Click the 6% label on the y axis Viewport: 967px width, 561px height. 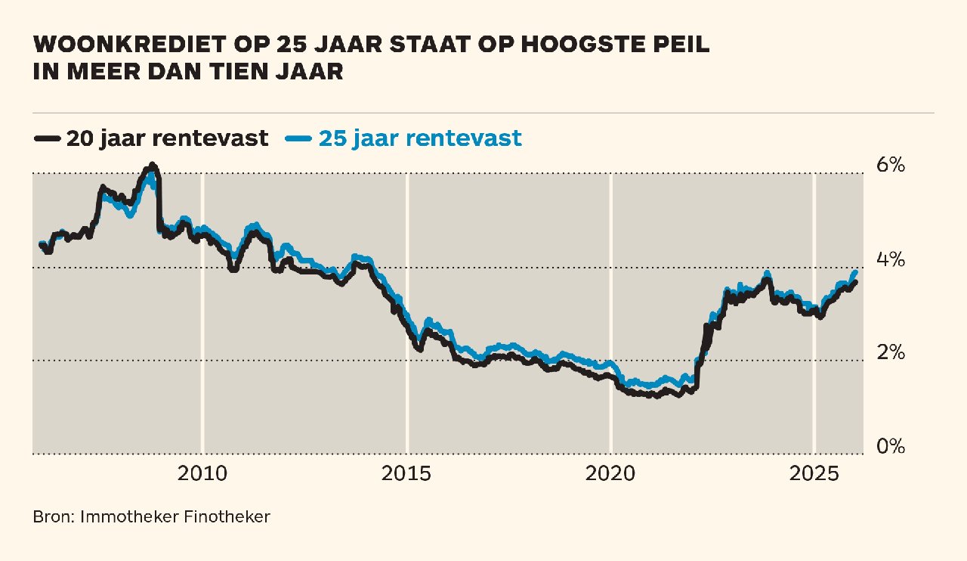pyautogui.click(x=890, y=165)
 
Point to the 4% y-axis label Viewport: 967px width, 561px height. pyautogui.click(x=890, y=259)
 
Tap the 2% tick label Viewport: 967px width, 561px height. pyautogui.click(x=890, y=352)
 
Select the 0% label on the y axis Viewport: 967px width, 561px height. pyautogui.click(x=890, y=446)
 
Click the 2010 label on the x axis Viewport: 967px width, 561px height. pyautogui.click(x=202, y=474)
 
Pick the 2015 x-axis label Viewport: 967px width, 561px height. pyautogui.click(x=406, y=474)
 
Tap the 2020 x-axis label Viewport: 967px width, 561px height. pyautogui.click(x=610, y=474)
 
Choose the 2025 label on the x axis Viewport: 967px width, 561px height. pyautogui.click(x=814, y=474)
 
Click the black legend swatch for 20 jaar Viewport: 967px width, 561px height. pyautogui.click(x=47, y=138)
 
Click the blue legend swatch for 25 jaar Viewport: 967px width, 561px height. pyautogui.click(x=299, y=138)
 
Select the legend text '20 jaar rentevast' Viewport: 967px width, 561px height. pyautogui.click(x=167, y=138)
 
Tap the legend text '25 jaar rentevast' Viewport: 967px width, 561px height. pyautogui.click(x=420, y=138)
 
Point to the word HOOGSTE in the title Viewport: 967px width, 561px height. pyautogui.click(x=567, y=45)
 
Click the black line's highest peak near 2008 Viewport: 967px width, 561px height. pyautogui.click(x=153, y=165)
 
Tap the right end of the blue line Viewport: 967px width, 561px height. pyautogui.click(x=855, y=272)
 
